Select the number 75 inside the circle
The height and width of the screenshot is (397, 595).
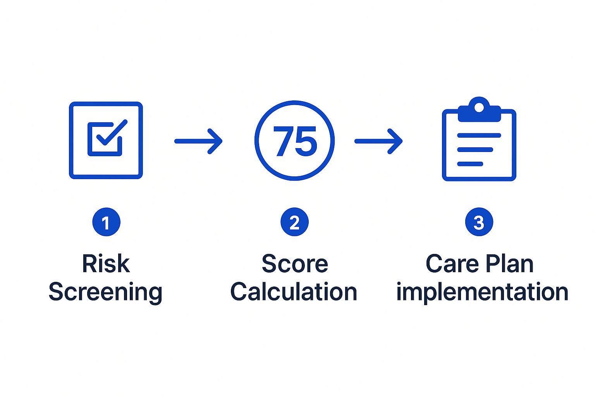(x=295, y=141)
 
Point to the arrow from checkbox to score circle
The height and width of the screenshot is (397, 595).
(x=198, y=141)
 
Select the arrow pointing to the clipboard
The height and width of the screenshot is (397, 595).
(x=378, y=141)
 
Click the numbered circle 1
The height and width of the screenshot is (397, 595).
(x=106, y=223)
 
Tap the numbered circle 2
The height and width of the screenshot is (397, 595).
(x=294, y=223)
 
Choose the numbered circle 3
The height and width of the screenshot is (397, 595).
(x=479, y=223)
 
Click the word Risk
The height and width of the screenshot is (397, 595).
(x=106, y=264)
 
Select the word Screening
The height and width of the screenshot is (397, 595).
(x=105, y=292)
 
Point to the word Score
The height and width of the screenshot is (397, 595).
(x=295, y=264)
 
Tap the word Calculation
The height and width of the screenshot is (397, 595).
(x=294, y=292)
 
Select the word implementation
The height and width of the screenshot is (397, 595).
(x=482, y=292)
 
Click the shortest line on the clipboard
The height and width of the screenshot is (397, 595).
(x=470, y=164)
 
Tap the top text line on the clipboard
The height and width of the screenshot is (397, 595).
(x=479, y=135)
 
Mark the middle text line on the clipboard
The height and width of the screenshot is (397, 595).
(x=475, y=150)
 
